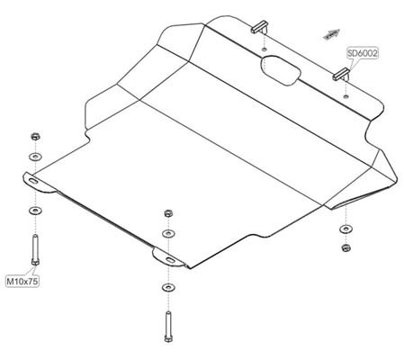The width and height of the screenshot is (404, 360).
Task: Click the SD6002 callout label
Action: [363, 53]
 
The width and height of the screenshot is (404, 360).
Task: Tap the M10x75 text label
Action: [22, 282]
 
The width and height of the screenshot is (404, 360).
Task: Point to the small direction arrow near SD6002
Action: [331, 34]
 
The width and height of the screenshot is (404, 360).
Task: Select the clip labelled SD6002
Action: [341, 74]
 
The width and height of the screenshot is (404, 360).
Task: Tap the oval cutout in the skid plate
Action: [281, 70]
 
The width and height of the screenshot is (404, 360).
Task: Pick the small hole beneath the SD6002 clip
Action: [346, 96]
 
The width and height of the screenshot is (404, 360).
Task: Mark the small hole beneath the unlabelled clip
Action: [264, 49]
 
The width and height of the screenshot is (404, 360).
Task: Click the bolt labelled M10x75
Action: [35, 250]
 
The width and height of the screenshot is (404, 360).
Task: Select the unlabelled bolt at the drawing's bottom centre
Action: [168, 327]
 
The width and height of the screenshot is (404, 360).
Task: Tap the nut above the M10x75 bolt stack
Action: [35, 137]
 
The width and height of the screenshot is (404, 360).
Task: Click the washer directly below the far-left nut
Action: [35, 157]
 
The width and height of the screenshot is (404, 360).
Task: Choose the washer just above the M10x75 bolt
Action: [35, 211]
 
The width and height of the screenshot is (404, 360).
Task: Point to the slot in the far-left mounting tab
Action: [33, 181]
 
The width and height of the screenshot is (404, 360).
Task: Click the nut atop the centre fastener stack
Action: [168, 213]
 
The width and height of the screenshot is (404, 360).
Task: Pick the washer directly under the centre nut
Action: [168, 233]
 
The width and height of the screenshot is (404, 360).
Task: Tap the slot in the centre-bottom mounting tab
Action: [170, 260]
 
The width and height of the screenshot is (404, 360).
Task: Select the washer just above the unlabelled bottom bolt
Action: [168, 288]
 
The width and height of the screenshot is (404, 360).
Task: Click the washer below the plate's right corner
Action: [346, 229]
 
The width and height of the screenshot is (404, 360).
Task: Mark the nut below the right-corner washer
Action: [346, 247]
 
